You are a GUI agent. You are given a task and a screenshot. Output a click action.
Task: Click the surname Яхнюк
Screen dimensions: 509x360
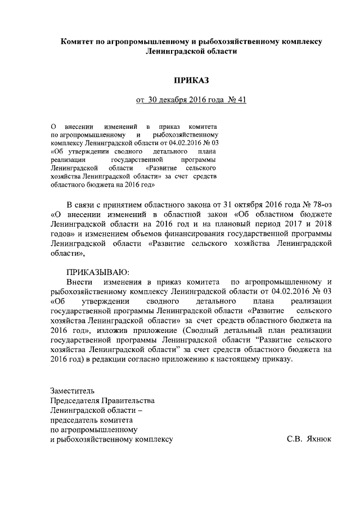(x=318, y=439)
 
